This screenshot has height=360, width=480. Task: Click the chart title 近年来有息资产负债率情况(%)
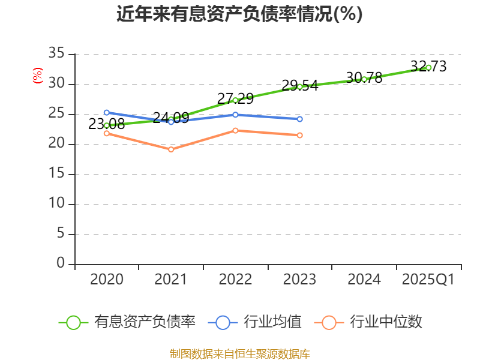[239, 14]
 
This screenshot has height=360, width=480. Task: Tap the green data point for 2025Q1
[428, 67]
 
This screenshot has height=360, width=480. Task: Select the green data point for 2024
[364, 79]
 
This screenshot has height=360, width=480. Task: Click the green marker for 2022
[235, 100]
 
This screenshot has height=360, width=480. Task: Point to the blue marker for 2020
[106, 112]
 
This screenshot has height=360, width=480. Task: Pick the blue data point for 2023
[299, 119]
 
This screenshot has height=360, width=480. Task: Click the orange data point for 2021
[171, 149]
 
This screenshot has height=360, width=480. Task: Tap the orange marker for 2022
[235, 130]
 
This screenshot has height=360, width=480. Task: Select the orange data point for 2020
[106, 133]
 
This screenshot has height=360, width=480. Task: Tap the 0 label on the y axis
[60, 263]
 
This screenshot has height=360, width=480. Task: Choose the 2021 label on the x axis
[171, 280]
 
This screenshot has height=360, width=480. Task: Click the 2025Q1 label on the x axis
[428, 280]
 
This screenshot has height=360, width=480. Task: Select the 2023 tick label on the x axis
[299, 280]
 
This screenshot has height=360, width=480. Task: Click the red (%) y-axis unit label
[38, 76]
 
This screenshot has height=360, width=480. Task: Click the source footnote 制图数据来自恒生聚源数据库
[239, 353]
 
